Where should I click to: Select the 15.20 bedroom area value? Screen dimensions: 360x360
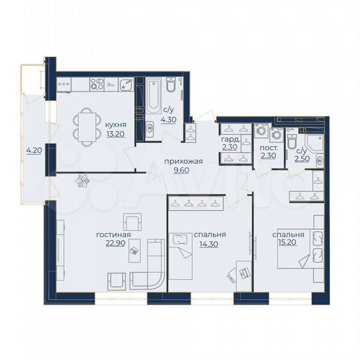287,244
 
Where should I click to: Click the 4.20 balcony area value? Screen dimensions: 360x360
33,151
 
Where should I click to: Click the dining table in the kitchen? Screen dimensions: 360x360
87,125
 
